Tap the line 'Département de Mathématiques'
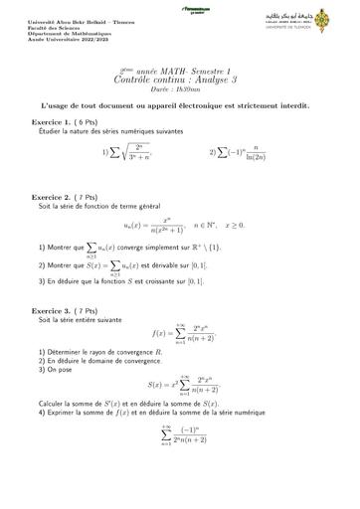(x=68, y=32)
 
